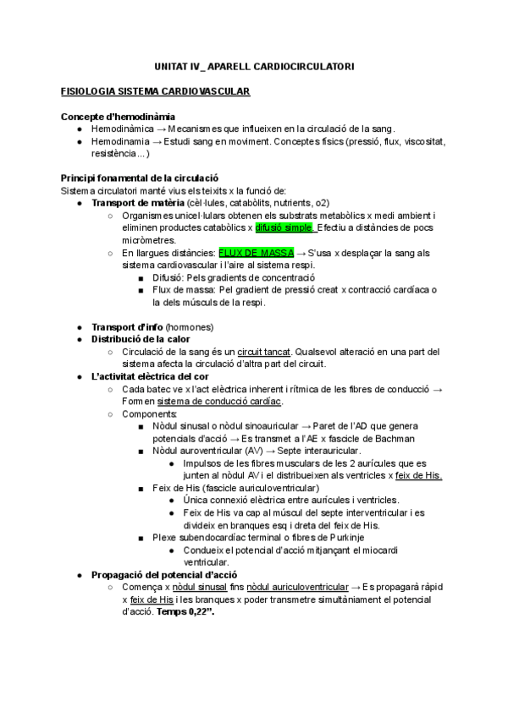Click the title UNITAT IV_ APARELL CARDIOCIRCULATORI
tap(254, 65)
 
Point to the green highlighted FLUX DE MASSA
tap(256, 253)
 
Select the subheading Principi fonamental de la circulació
tap(140, 178)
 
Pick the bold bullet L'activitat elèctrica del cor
tap(151, 376)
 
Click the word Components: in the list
tap(150, 413)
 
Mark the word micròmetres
tap(149, 240)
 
